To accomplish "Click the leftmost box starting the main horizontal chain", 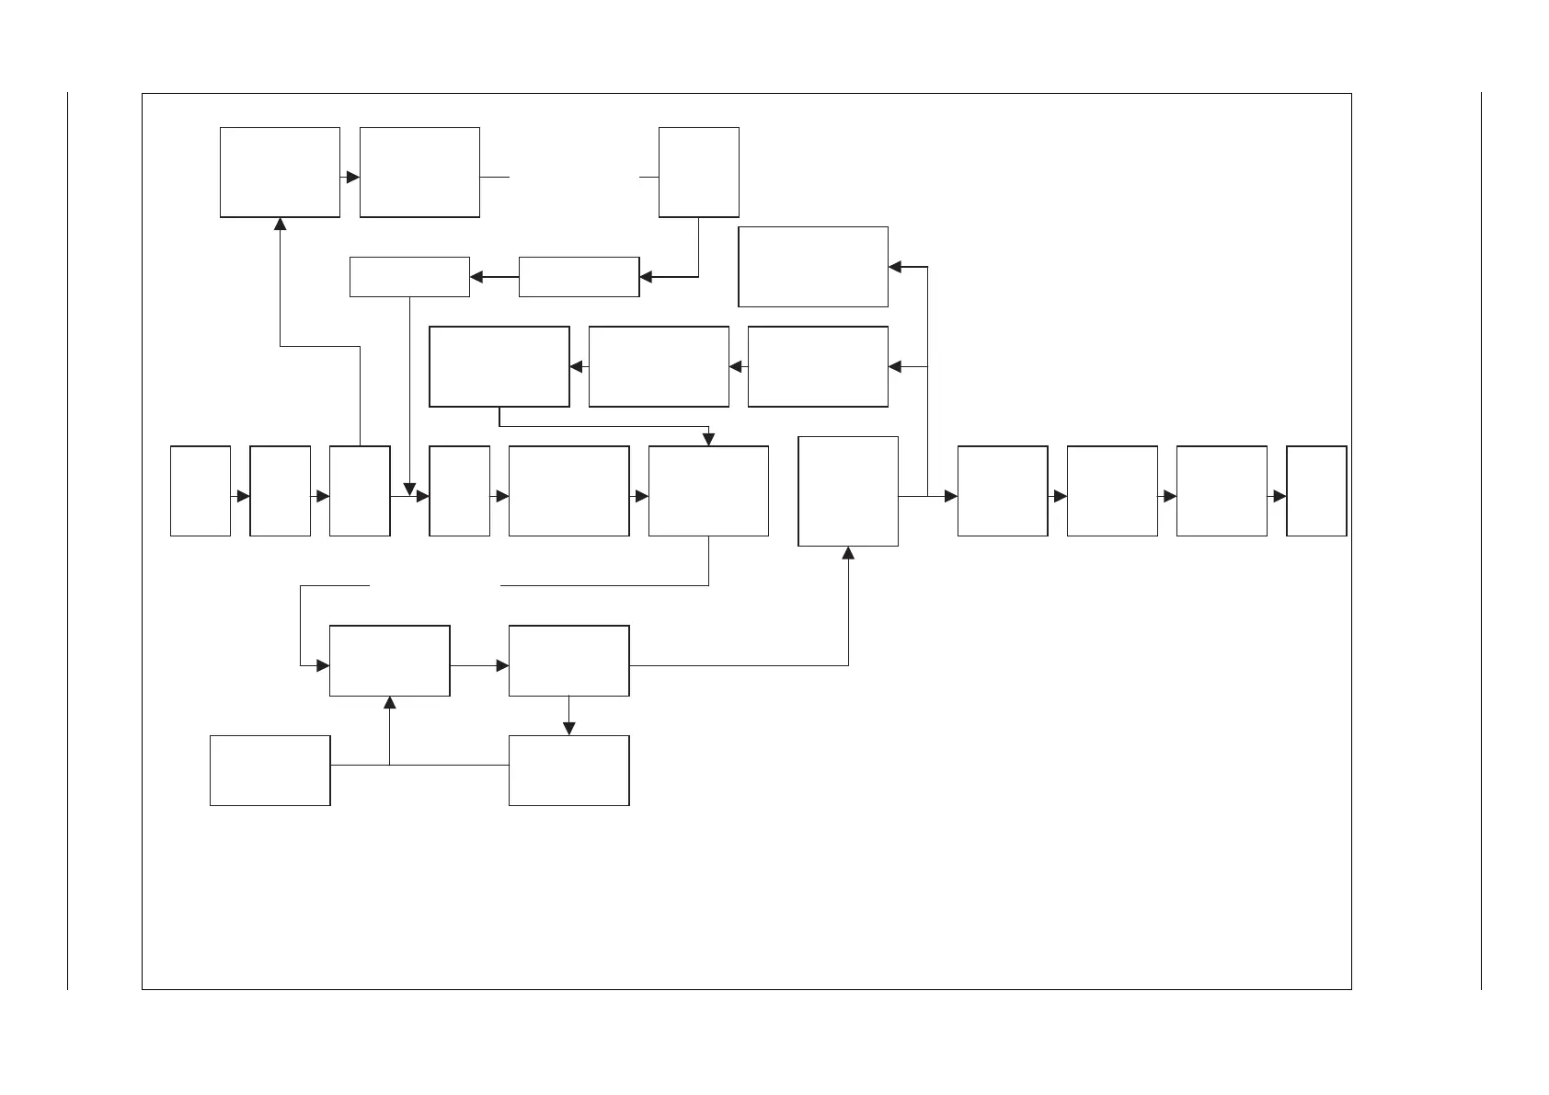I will point(201,491).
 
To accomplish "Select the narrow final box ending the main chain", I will point(1316,491).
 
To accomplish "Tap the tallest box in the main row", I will point(848,491).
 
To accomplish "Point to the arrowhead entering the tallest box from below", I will point(848,553).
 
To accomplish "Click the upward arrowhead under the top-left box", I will point(281,224).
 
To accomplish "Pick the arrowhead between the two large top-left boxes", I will point(352,177).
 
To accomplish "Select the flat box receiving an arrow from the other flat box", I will point(409,277).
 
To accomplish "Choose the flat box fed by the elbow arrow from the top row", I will point(579,277).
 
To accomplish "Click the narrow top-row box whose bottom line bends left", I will point(699,172).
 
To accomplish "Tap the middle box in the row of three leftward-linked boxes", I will point(659,366).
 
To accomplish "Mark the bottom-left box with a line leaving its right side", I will point(270,770).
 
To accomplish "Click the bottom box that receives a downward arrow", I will point(568,770).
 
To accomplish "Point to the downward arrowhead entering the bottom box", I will point(568,729).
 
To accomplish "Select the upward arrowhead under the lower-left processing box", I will point(389,703).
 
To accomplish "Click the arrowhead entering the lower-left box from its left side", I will point(323,665).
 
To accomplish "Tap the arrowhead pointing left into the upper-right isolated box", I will point(896,267).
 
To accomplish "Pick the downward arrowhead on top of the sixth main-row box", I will point(708,440).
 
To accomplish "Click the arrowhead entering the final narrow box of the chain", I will point(1279,496).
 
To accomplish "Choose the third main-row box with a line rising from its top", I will point(360,491).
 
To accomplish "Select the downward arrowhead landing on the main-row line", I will point(409,489).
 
